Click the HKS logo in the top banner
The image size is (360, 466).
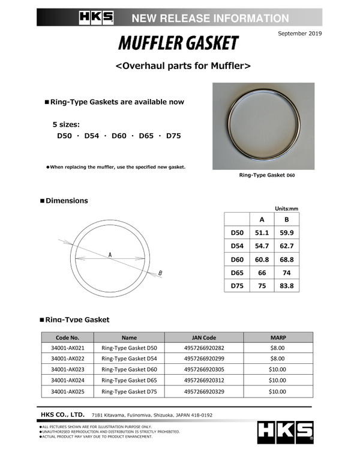coord(96,18)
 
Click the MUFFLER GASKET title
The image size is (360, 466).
coord(178,44)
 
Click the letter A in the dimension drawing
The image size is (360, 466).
coord(110,256)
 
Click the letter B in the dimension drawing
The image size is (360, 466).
coord(160,274)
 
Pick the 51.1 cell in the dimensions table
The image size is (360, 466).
coord(262,232)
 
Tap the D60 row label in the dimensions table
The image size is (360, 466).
coord(237,259)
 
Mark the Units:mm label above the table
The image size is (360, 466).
coord(286,208)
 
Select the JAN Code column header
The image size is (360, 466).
coord(203,337)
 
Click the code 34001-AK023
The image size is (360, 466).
coord(67,369)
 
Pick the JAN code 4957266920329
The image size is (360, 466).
coord(203,391)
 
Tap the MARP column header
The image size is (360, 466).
coord(277,337)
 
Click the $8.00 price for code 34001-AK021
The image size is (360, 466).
coord(277,348)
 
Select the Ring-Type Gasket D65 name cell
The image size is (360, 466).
coord(129,380)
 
